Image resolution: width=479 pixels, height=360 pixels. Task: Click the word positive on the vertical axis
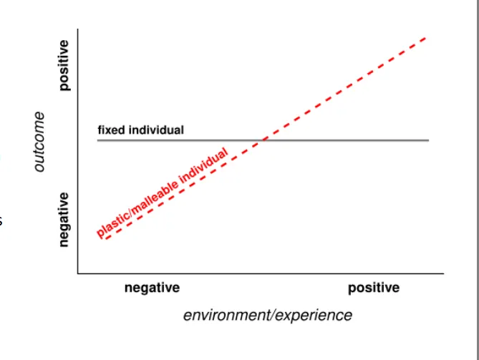(64, 65)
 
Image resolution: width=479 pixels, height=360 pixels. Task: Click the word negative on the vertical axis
(64, 220)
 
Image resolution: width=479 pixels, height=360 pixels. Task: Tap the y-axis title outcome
(39, 141)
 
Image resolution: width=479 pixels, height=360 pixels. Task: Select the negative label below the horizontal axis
(152, 288)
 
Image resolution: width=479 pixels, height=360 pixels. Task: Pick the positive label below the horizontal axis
(374, 288)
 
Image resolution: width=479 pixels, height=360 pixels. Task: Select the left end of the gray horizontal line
(98, 140)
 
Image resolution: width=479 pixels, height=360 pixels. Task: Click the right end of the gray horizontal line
(429, 140)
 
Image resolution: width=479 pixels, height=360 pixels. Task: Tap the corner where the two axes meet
(78, 273)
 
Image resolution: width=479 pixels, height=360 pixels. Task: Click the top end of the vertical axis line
(78, 29)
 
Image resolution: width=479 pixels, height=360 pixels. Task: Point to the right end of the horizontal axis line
(443, 273)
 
